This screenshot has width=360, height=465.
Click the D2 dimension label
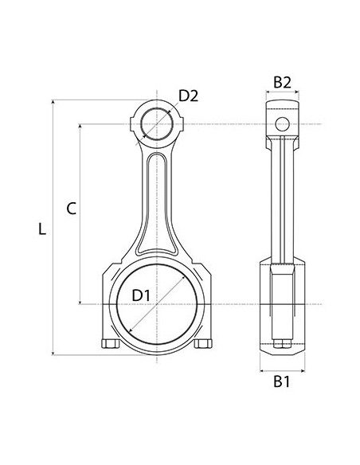point(188,96)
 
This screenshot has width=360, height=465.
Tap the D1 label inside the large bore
point(141,295)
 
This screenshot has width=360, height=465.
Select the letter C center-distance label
point(71,209)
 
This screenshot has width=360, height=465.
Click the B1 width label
point(281,382)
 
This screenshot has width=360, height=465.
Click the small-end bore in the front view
point(158,124)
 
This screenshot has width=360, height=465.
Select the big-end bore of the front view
point(162,304)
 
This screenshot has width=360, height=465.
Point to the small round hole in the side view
point(281,123)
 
